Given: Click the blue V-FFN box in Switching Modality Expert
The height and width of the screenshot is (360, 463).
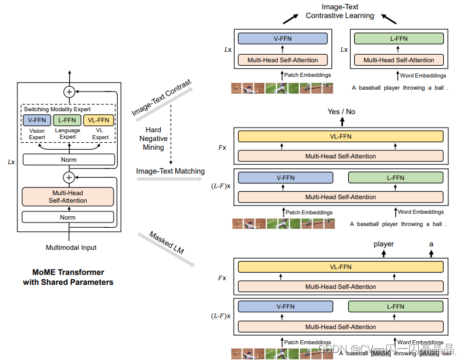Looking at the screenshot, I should [x=37, y=120].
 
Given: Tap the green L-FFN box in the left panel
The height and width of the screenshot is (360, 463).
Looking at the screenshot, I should [x=67, y=120].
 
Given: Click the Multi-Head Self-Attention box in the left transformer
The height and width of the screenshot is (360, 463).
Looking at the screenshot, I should [x=68, y=196].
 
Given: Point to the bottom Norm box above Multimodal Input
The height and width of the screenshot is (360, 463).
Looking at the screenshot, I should [x=68, y=217].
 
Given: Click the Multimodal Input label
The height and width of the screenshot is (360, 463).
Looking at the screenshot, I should [x=71, y=248].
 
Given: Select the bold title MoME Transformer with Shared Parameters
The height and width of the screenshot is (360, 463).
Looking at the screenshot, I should [x=68, y=277].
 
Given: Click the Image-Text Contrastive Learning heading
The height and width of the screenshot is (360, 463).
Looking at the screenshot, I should [x=340, y=12].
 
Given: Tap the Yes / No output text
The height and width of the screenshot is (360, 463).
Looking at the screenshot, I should [x=341, y=111].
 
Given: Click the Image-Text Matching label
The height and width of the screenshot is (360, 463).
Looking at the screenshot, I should [x=170, y=171].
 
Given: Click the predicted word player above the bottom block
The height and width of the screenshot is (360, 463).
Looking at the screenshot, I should [x=384, y=244].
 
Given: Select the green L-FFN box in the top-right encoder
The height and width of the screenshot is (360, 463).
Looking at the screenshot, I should [x=399, y=39].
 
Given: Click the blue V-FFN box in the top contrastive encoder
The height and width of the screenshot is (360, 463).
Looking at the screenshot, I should [x=282, y=39].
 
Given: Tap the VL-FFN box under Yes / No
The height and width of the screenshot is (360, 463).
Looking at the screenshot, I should [x=341, y=137].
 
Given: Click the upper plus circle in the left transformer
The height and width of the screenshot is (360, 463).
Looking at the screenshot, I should [x=69, y=91].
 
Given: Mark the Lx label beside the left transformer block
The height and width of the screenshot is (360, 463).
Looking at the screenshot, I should [x=11, y=161].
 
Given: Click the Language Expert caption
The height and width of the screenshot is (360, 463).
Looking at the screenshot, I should [x=67, y=134].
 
